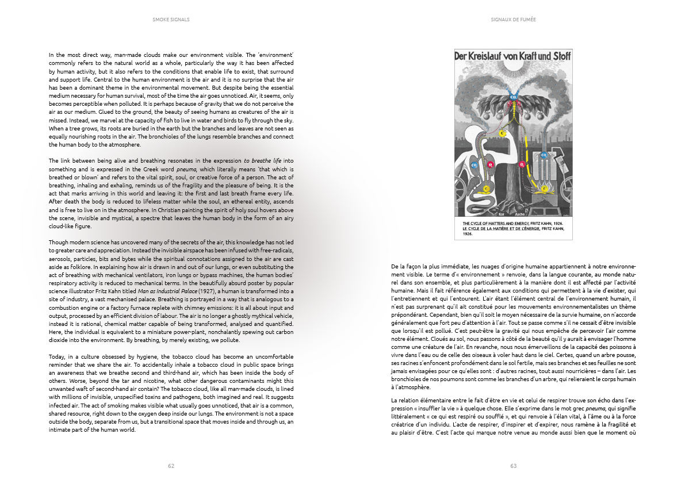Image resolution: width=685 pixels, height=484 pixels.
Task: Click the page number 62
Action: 171,466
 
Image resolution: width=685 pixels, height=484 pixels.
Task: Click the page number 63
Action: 514,466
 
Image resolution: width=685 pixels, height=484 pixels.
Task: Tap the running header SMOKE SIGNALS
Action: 171,19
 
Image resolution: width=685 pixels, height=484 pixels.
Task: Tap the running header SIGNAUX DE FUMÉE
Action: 514,19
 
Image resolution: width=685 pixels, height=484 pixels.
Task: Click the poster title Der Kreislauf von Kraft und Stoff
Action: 513,57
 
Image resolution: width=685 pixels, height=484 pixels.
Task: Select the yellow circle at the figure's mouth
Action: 501,133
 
